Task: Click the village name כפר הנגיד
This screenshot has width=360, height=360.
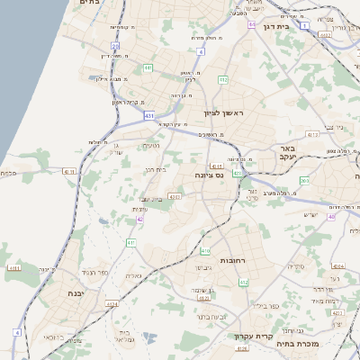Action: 94,271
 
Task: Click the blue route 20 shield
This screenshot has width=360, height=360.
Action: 115,45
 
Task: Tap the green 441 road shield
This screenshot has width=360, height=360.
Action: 148,67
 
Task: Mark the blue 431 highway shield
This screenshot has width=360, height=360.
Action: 148,116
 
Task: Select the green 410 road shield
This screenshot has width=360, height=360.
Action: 205,251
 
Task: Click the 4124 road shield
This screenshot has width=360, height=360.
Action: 112,304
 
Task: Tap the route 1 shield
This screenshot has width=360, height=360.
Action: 305,26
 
